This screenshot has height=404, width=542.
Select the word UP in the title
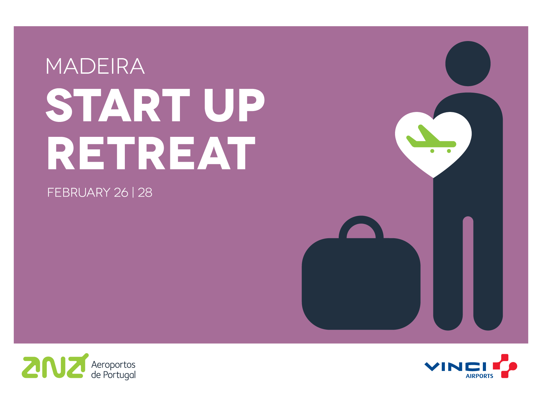[x=234, y=105]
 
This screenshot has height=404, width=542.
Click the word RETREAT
[x=151, y=153]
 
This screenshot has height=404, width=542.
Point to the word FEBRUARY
[x=79, y=193]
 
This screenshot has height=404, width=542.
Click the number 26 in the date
[x=121, y=193]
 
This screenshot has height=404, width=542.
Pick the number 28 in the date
[x=145, y=193]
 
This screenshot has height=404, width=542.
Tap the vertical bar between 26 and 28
[x=133, y=193]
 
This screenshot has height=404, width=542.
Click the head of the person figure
[x=468, y=63]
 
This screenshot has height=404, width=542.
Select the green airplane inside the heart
[x=431, y=139]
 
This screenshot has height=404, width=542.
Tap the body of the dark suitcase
[x=361, y=284]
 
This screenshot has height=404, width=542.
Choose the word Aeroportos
[x=113, y=365]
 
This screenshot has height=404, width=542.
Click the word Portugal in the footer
[x=119, y=375]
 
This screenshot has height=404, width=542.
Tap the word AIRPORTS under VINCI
[x=479, y=376]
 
